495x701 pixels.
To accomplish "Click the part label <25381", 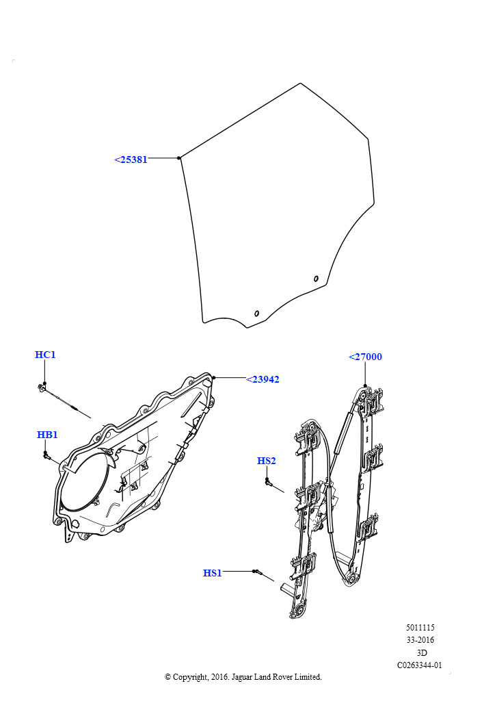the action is pyautogui.click(x=131, y=160).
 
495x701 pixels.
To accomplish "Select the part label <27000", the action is pyautogui.click(x=365, y=357).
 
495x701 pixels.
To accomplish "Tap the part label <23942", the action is pyautogui.click(x=263, y=379).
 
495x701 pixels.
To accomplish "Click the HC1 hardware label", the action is pyautogui.click(x=45, y=355).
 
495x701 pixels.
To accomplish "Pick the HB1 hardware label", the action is pyautogui.click(x=47, y=435).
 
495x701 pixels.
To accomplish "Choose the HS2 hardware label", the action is pyautogui.click(x=267, y=461).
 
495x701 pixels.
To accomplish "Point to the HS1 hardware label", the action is pyautogui.click(x=213, y=573).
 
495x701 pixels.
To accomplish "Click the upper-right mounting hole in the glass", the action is pyautogui.click(x=316, y=279).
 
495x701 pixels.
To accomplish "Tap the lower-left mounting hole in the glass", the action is pyautogui.click(x=256, y=314).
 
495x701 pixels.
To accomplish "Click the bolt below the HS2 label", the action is pyautogui.click(x=268, y=482).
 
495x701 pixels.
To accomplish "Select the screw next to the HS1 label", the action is pyautogui.click(x=257, y=572).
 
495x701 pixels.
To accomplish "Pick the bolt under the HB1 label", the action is pyautogui.click(x=46, y=455).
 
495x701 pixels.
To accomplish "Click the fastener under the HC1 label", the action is pyautogui.click(x=42, y=387).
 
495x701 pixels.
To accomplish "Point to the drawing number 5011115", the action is pyautogui.click(x=420, y=627).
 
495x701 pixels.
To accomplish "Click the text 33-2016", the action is pyautogui.click(x=420, y=640).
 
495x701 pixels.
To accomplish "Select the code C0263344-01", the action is pyautogui.click(x=420, y=665).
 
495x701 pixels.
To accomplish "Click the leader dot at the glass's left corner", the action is pyautogui.click(x=179, y=158).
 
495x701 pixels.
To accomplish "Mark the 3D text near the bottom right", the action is pyautogui.click(x=421, y=652).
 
